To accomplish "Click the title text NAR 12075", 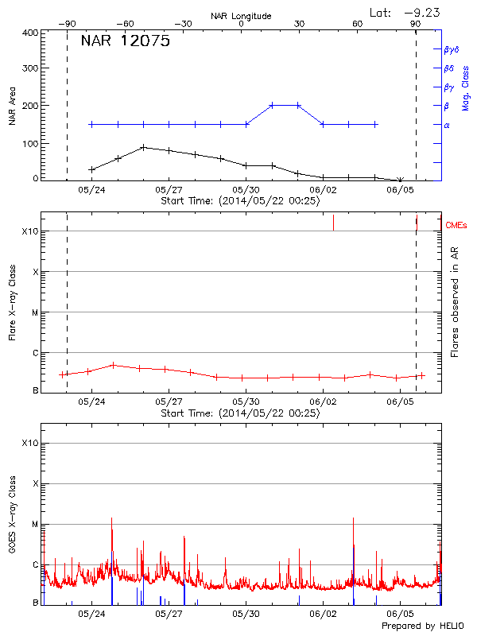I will point(126,42).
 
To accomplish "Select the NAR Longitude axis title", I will point(241,16).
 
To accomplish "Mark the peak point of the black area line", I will point(143,147).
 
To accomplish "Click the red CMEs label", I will point(457,226).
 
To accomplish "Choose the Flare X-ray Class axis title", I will point(12,301).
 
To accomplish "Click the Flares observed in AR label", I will point(455,301).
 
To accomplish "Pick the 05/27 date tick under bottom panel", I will point(169,615).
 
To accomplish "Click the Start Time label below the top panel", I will point(240,201).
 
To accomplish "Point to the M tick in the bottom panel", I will point(34,525).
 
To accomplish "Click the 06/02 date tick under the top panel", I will point(324,190).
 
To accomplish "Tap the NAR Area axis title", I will point(12,107).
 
